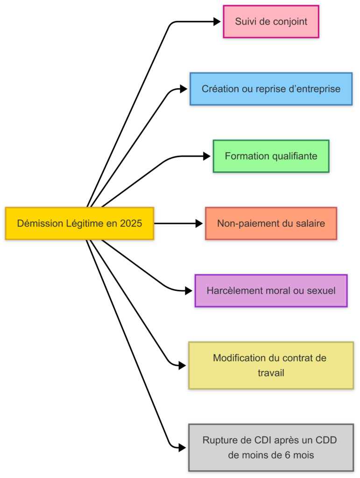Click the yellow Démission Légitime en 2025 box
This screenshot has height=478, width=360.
point(79,224)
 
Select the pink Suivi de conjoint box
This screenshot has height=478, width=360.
point(271,21)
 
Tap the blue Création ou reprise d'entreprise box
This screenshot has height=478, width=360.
point(271,89)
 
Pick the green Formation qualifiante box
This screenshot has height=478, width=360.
point(271,156)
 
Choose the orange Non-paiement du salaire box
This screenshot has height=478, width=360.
point(271,224)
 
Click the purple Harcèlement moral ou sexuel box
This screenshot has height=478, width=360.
point(271,291)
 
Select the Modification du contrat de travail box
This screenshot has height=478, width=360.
point(271,365)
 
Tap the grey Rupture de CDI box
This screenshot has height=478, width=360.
point(271,447)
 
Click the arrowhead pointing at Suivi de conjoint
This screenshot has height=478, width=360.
point(217,21)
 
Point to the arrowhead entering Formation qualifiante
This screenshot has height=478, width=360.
point(207,156)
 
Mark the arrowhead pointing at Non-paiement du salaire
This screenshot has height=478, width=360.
point(199,224)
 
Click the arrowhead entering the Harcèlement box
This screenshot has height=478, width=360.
point(189,291)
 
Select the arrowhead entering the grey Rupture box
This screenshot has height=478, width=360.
point(182,447)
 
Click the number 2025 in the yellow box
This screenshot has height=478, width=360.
point(131,224)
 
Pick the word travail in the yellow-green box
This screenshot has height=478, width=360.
point(271,373)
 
